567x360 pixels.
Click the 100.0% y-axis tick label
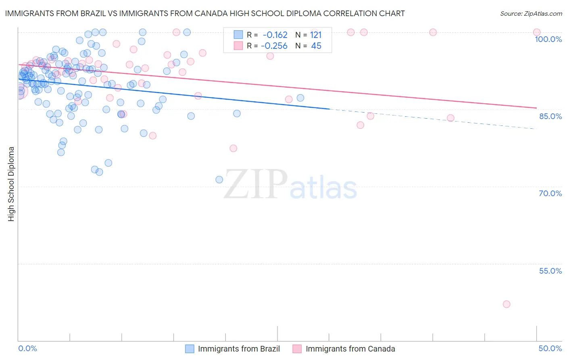(x=548, y=39)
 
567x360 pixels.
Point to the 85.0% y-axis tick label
(x=550, y=116)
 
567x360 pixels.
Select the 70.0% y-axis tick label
(x=550, y=193)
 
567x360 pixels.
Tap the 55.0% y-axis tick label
(x=550, y=271)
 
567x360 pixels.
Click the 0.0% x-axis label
(x=27, y=348)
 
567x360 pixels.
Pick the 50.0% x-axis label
(x=550, y=348)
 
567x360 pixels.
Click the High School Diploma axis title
(x=11, y=184)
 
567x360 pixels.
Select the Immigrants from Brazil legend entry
(x=239, y=349)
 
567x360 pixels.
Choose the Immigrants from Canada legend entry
(x=350, y=349)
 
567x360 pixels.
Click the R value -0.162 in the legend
(x=275, y=35)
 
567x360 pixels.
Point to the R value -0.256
(x=274, y=46)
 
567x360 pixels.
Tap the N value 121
(x=316, y=35)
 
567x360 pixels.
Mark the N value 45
(x=316, y=46)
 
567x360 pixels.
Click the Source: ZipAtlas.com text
(x=531, y=13)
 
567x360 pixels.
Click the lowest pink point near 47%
(x=507, y=304)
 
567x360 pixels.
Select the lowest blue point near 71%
(x=219, y=180)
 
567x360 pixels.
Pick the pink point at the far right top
(x=536, y=32)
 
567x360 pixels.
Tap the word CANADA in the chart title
(x=249, y=13)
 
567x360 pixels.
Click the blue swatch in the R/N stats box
(x=238, y=35)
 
